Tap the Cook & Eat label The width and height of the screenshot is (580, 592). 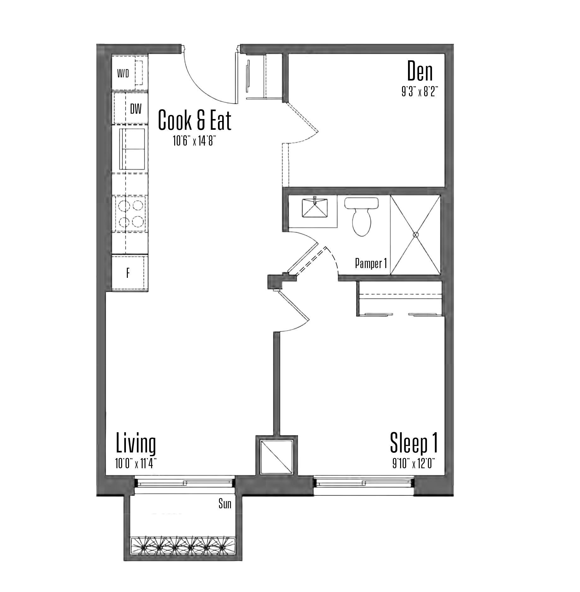pos(194,120)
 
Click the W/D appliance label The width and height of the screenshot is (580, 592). pos(123,74)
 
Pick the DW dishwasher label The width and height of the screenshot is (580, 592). pos(136,109)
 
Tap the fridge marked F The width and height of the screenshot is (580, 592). pos(130,273)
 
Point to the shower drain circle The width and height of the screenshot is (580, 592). pos(415,235)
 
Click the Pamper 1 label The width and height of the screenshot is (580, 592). pos(371,263)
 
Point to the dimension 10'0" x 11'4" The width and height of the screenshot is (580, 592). pos(136,464)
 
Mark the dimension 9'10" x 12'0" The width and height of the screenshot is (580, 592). pos(414,463)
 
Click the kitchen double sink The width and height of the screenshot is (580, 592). pos(132,149)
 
